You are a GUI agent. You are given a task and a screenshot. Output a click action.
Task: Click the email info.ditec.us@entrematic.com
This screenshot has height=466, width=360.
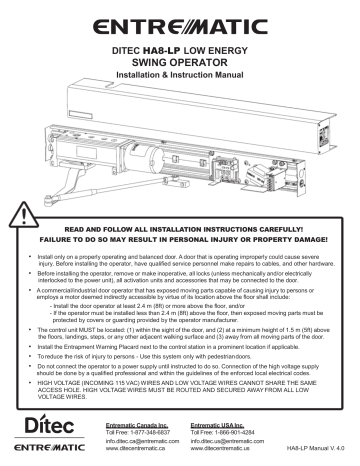pyautogui.click(x=225, y=445)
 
